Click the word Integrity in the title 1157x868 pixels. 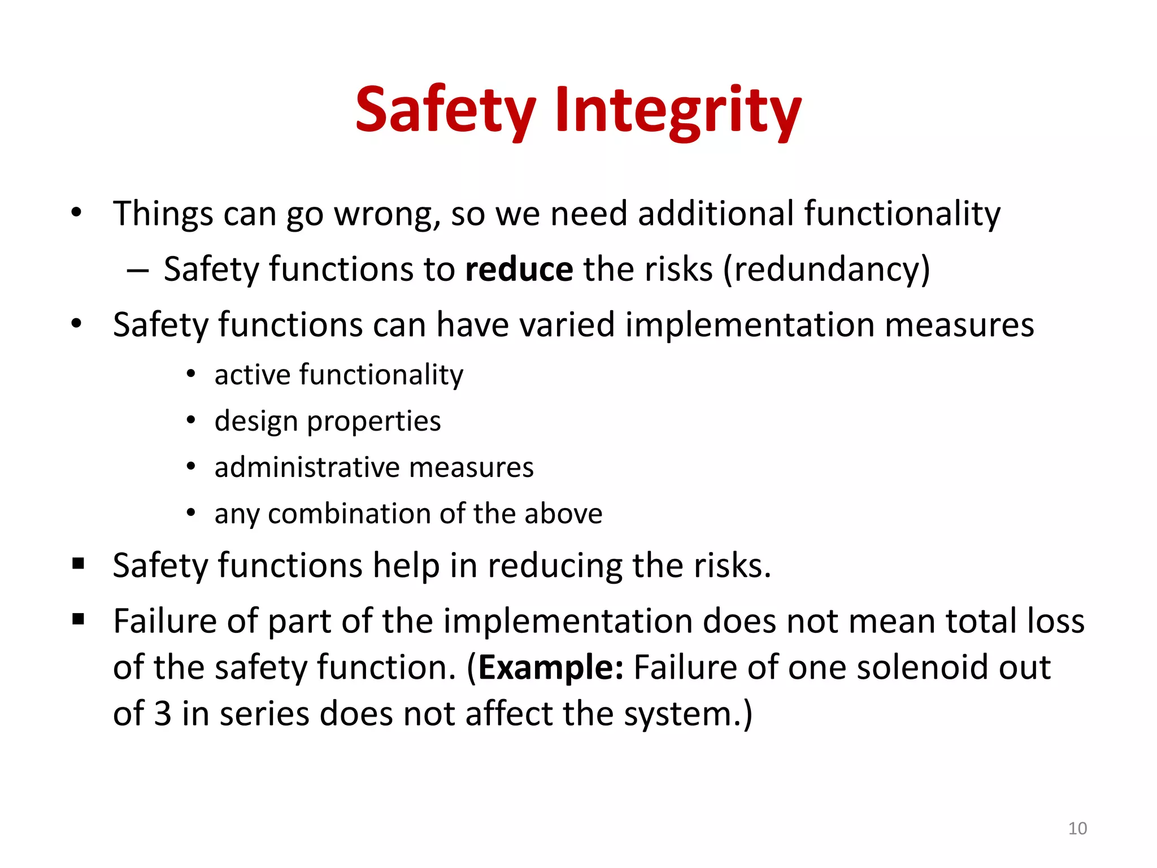coord(677,110)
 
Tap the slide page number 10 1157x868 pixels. coord(1077,828)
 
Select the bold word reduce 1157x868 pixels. coord(519,269)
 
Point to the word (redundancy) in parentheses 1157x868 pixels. coord(827,269)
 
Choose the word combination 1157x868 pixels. coord(349,514)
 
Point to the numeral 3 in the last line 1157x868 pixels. coord(163,714)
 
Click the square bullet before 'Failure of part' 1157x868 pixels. coord(78,619)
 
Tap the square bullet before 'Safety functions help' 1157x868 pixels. coord(78,563)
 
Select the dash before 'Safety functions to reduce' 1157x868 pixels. coord(138,270)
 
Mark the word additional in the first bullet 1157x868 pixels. coord(716,214)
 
